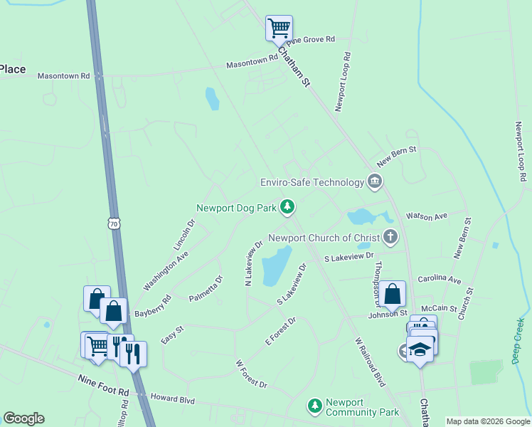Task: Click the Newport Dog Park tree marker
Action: pyautogui.click(x=287, y=207)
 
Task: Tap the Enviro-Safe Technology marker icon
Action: pyautogui.click(x=374, y=183)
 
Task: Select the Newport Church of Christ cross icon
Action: pyautogui.click(x=390, y=237)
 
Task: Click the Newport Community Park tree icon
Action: pyautogui.click(x=314, y=406)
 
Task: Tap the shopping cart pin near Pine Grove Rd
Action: pyautogui.click(x=279, y=29)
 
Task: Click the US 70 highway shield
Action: pyautogui.click(x=115, y=223)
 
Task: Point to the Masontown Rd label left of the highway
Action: pyautogui.click(x=64, y=75)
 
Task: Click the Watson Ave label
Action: pyautogui.click(x=426, y=216)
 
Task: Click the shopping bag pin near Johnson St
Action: pyautogui.click(x=392, y=295)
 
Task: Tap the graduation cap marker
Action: pyautogui.click(x=420, y=350)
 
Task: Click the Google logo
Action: pyautogui.click(x=23, y=418)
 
